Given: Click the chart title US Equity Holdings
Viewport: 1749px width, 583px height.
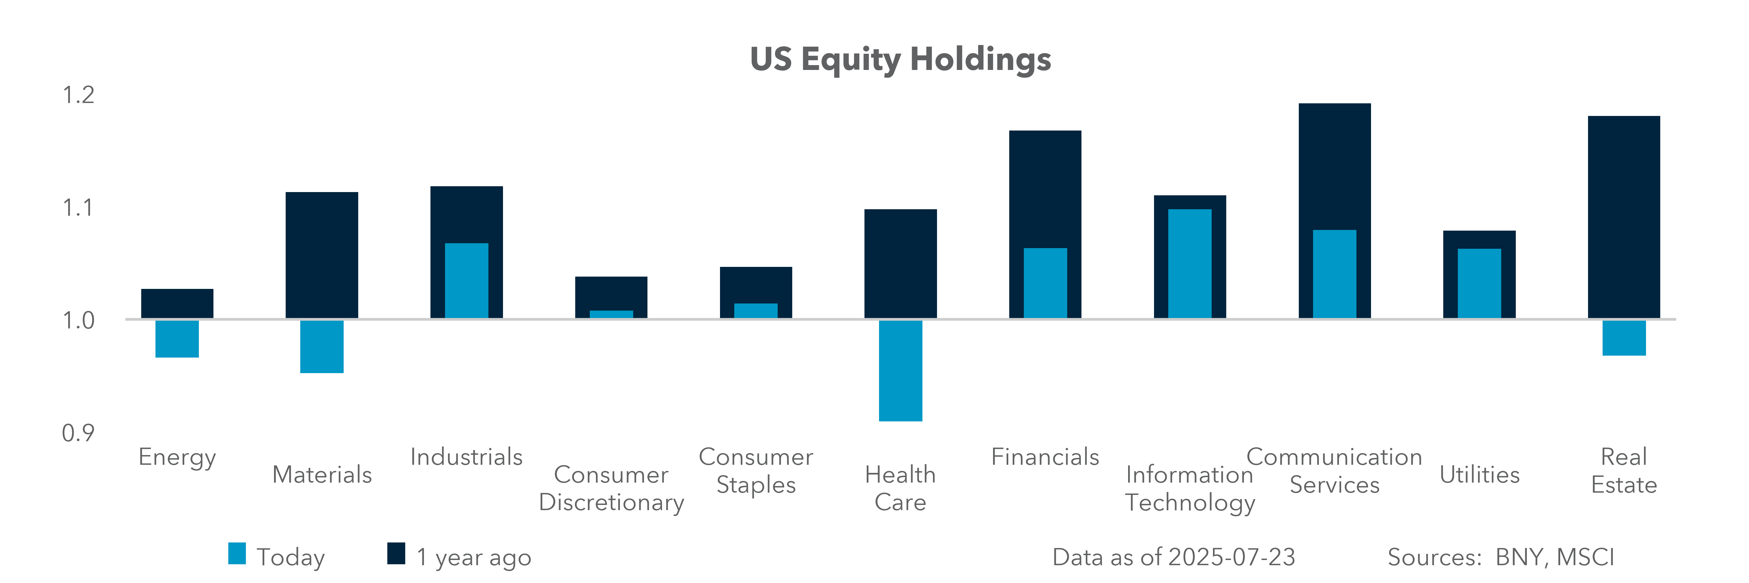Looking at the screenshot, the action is click(900, 60).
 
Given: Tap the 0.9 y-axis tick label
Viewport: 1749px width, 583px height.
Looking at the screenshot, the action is click(78, 432).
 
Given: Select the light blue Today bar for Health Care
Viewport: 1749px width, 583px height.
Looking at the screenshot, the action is click(900, 371).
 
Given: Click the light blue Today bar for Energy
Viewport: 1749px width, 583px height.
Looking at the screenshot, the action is click(177, 339).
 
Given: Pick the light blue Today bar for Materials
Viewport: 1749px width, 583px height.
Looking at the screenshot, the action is click(322, 346).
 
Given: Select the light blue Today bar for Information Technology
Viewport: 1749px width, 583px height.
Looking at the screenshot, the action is click(1190, 263).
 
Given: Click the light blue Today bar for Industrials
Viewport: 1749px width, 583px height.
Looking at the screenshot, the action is click(466, 280).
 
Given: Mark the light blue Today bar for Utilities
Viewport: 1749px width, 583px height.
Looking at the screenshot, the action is click(1480, 283).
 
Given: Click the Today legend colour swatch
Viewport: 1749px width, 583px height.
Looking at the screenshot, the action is click(237, 553).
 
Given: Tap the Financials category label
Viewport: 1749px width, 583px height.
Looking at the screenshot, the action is click(1045, 457).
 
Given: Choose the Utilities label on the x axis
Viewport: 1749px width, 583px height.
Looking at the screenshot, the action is click(1480, 474).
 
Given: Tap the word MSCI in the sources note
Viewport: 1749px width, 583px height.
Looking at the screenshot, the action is click(1585, 557).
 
